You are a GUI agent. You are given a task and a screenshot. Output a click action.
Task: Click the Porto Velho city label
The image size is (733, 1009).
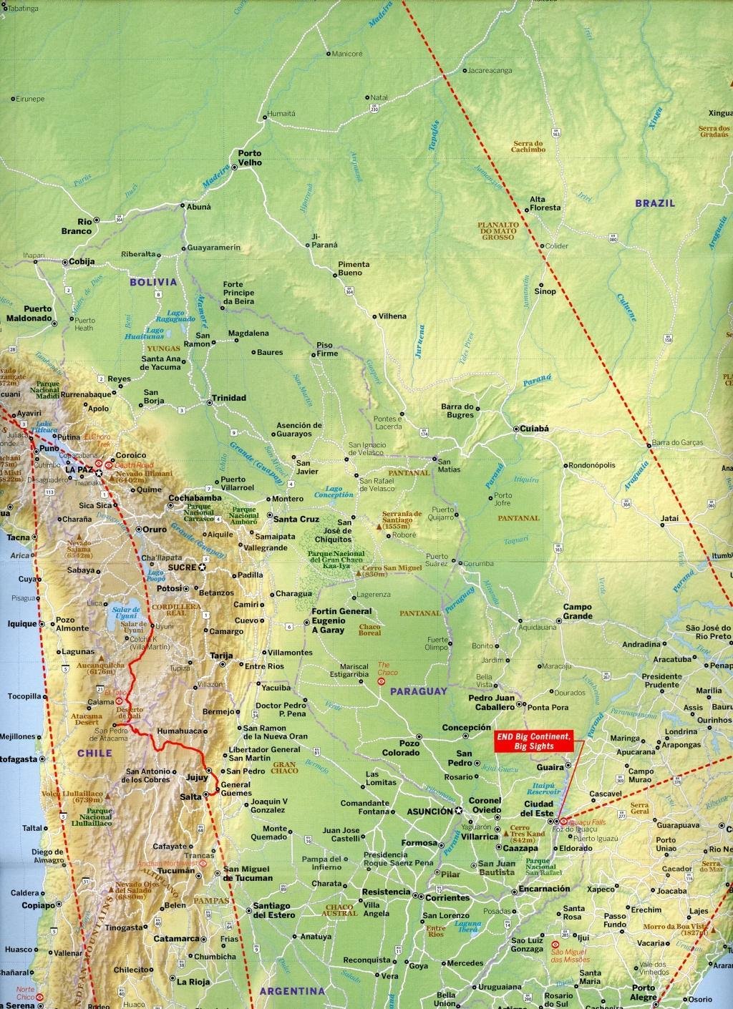click(250, 158)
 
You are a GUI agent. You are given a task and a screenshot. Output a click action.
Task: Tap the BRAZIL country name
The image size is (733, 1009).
click(655, 203)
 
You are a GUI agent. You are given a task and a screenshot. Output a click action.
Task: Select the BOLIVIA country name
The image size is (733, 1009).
click(153, 282)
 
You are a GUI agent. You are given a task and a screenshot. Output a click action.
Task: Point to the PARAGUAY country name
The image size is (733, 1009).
click(418, 692)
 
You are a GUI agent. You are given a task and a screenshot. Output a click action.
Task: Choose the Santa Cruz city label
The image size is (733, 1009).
click(296, 519)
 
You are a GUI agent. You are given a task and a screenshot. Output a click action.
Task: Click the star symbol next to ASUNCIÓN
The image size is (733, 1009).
click(459, 811)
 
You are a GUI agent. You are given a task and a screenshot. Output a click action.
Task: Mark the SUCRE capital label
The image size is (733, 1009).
click(182, 567)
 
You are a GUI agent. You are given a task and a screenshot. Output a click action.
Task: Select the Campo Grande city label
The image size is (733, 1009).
click(577, 612)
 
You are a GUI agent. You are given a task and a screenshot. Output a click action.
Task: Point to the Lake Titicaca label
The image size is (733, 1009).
click(43, 427)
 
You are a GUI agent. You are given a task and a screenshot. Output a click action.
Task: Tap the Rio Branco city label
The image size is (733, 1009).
click(84, 226)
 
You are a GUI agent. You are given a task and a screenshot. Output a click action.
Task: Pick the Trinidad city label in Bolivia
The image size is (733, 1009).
click(228, 398)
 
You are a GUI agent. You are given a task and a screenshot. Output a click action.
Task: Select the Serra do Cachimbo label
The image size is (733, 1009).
click(528, 146)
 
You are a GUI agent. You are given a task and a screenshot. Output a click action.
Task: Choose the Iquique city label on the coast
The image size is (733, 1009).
click(22, 624)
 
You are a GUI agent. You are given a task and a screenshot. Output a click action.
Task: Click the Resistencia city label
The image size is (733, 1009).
click(386, 892)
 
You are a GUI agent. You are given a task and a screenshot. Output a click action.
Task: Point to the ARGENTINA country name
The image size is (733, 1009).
click(291, 991)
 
